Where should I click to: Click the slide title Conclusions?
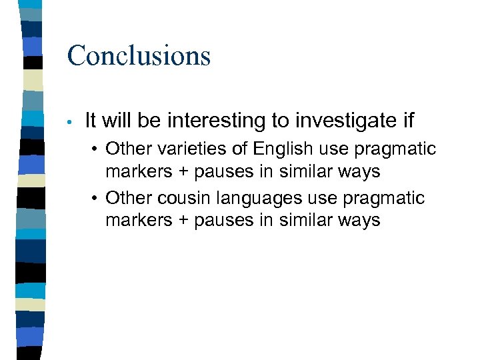139,55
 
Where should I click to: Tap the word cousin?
179,199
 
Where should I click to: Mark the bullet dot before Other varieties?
96,149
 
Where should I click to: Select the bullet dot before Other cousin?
96,199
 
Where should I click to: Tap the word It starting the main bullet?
91,121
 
